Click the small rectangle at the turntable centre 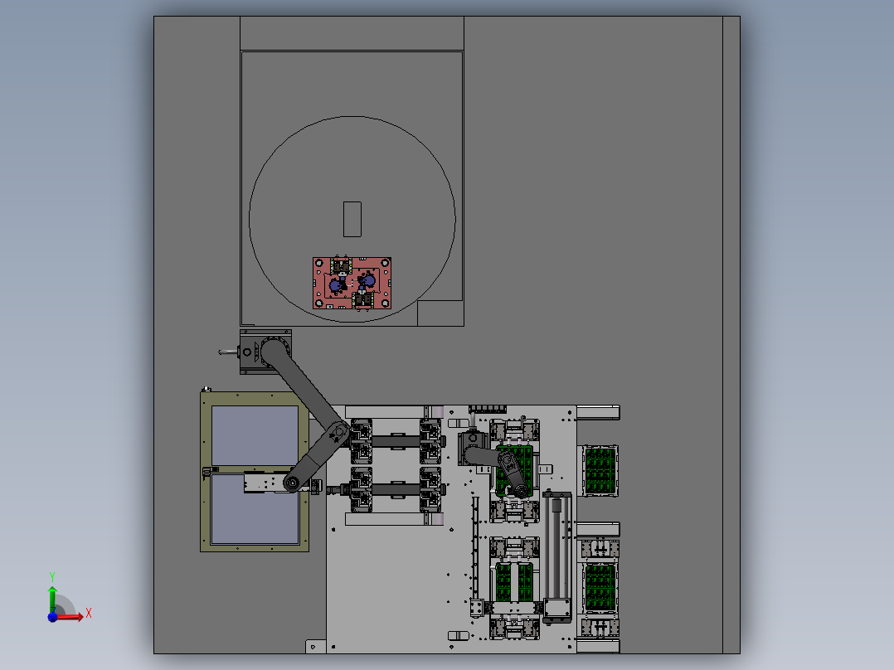coord(352,219)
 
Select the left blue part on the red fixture coord(336,284)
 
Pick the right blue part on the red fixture coord(368,280)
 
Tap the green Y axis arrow coord(52,599)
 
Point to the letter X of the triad coord(89,614)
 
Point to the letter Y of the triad coord(52,577)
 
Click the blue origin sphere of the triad coord(52,616)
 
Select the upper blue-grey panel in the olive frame coord(255,435)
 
